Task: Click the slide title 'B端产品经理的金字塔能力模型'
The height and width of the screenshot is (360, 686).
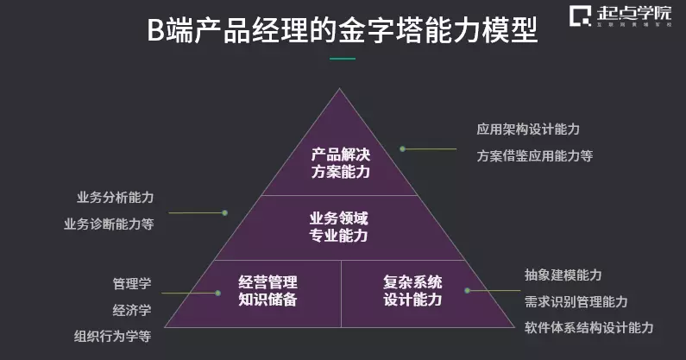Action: pos(343,32)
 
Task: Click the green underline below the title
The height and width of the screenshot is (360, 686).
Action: pos(343,59)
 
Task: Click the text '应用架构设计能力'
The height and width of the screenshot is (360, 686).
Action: pos(528,129)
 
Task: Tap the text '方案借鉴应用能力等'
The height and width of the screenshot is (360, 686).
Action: pos(535,156)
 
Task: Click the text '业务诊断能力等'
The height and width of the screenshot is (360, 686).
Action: pos(109,224)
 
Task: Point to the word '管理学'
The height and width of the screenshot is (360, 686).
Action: pos(131,283)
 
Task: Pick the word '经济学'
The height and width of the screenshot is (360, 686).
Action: pos(131,309)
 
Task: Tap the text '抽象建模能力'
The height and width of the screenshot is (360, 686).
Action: pos(563,275)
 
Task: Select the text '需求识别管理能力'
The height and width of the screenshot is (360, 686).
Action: pos(576,301)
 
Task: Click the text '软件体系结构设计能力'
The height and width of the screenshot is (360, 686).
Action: pos(588,328)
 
